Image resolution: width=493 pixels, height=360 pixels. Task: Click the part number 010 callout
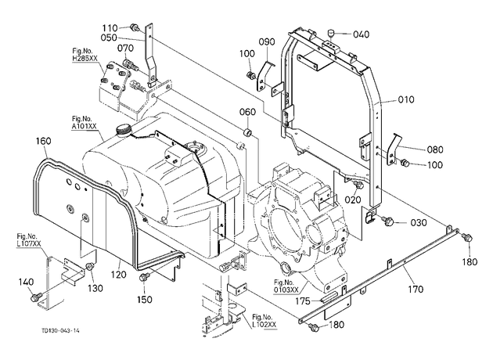[x=406, y=99]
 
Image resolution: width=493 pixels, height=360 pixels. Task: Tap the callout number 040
[x=362, y=34]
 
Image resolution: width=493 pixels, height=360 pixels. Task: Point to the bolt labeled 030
[x=389, y=221]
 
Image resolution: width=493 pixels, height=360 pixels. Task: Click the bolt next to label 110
[x=135, y=27]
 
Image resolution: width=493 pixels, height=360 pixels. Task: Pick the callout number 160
[x=43, y=141]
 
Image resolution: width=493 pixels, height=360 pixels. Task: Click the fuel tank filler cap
[x=123, y=130]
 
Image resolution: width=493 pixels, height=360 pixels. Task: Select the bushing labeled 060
[x=248, y=132]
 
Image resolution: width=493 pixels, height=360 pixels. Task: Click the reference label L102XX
[x=264, y=324]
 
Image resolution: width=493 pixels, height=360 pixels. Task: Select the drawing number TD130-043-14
[x=60, y=330]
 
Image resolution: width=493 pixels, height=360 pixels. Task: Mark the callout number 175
[x=303, y=301]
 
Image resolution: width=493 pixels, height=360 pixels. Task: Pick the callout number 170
[x=416, y=289]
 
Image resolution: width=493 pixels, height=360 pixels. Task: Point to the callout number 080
[x=435, y=149]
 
